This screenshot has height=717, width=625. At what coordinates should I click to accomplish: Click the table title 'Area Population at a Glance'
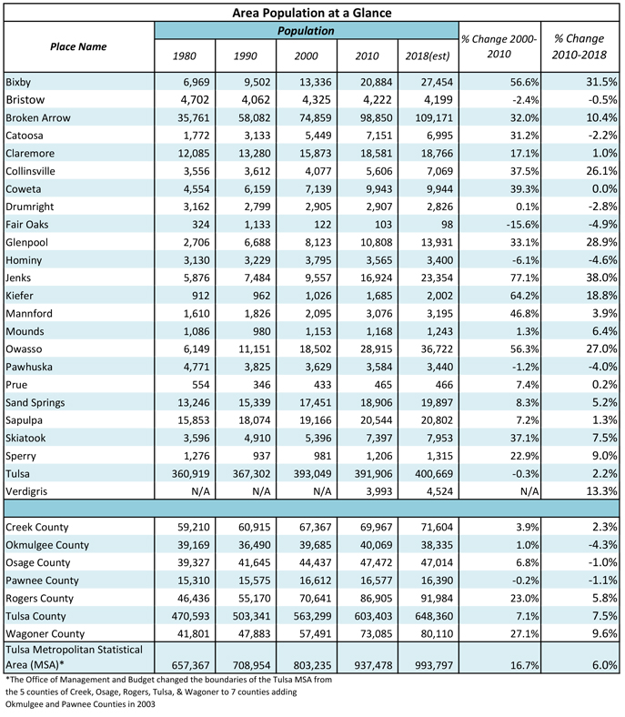[x=312, y=13]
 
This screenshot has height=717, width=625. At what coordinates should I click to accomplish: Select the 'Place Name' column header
[x=78, y=46]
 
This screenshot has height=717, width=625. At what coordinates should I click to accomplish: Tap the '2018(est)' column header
[x=428, y=56]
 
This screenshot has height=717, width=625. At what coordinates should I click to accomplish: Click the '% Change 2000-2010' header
[x=499, y=46]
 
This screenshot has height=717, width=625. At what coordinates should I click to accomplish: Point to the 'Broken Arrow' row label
[x=38, y=118]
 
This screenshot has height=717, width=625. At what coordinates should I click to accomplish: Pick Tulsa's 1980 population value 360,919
[x=191, y=474]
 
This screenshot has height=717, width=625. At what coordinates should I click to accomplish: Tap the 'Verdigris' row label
[x=26, y=491]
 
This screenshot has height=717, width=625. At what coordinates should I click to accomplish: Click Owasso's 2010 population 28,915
[x=377, y=348]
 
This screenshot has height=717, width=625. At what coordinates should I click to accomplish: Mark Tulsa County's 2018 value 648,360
[x=434, y=616]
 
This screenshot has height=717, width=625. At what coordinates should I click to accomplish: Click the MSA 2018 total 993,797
[x=434, y=665]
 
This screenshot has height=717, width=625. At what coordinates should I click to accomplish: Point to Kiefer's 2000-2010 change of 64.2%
[x=525, y=296]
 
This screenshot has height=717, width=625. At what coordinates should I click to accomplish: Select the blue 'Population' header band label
[x=306, y=31]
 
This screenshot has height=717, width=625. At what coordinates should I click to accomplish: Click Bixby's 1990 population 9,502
[x=257, y=82]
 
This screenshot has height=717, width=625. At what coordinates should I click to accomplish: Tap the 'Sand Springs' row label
[x=35, y=403]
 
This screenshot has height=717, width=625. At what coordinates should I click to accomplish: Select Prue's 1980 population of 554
[x=201, y=385]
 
